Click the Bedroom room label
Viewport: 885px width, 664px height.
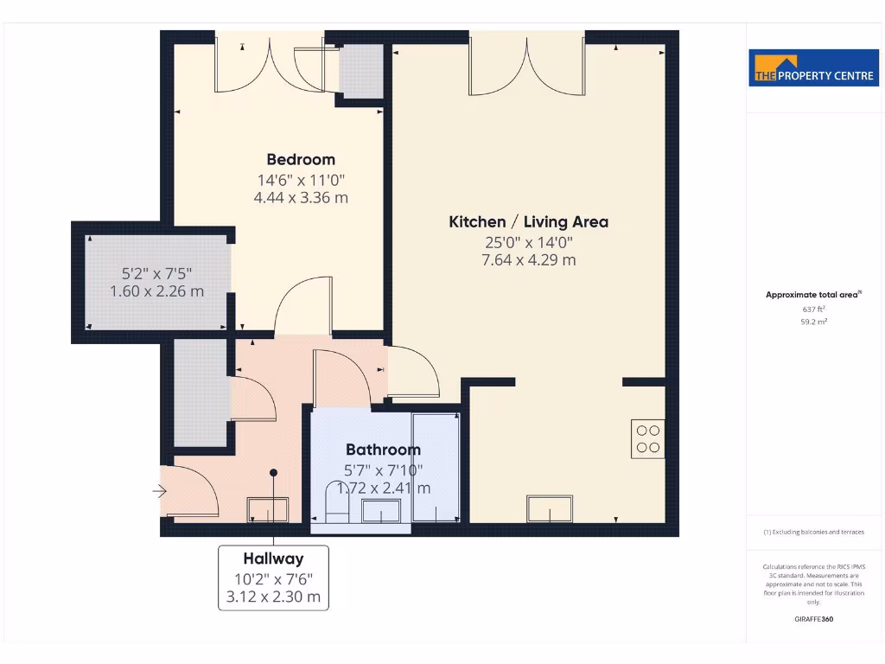300,159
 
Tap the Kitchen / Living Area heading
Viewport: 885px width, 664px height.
528,221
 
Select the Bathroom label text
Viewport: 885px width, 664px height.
383,450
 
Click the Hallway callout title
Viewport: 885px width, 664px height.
273,559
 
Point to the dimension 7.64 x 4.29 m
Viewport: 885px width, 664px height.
528,259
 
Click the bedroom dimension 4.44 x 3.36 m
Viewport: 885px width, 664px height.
300,197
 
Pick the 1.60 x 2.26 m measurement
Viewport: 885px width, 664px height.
157,291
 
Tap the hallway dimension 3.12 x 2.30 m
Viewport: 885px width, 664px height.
273,597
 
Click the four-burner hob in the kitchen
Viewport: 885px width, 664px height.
647,437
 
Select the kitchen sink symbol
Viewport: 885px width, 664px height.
550,509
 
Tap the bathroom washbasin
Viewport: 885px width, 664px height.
381,510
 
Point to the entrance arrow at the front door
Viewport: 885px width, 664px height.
159,491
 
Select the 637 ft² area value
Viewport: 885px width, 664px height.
813,309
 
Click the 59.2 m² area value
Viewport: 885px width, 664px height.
813,322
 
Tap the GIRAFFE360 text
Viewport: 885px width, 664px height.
813,619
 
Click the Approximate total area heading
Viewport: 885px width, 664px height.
812,295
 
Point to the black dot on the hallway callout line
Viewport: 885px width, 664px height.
274,473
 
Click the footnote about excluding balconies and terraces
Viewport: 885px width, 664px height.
813,533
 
